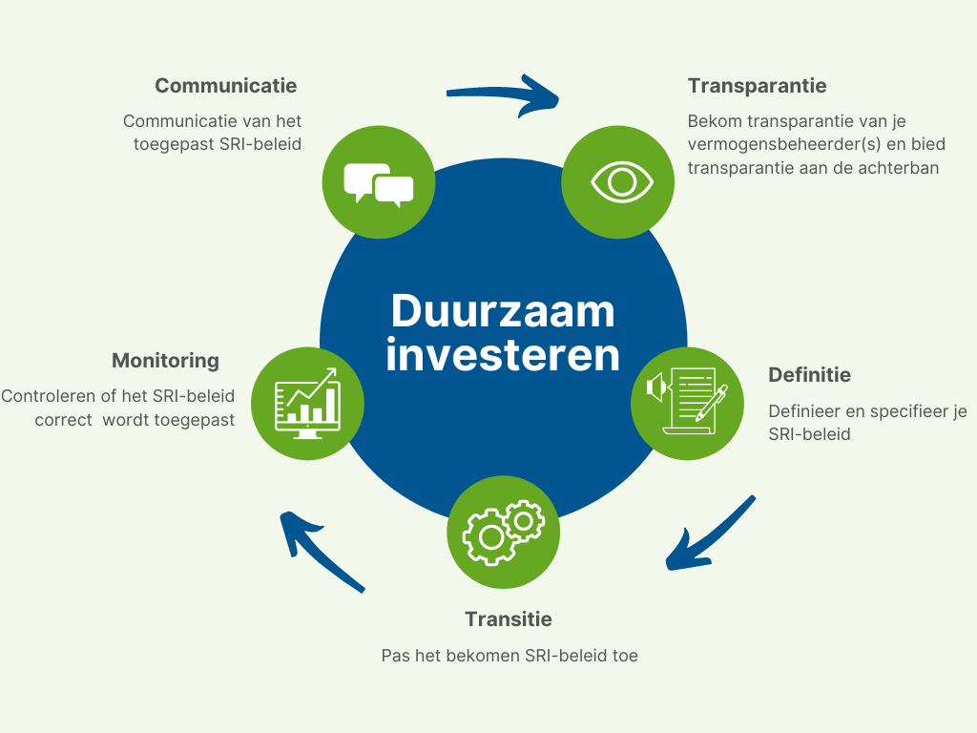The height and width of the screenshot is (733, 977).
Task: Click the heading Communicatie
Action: click(225, 85)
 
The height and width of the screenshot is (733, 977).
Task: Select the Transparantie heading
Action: click(757, 85)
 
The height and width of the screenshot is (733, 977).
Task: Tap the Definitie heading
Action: click(809, 374)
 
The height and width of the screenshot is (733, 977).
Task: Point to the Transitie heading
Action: click(509, 618)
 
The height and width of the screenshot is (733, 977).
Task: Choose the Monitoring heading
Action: click(166, 361)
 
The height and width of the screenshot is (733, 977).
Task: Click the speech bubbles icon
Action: click(379, 183)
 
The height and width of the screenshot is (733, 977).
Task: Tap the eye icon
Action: click(621, 182)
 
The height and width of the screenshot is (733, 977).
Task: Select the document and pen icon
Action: click(687, 402)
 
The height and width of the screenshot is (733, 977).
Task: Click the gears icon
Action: click(504, 533)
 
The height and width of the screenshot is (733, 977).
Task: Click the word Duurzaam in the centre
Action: click(503, 310)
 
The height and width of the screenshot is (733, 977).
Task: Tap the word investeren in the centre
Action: click(503, 355)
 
